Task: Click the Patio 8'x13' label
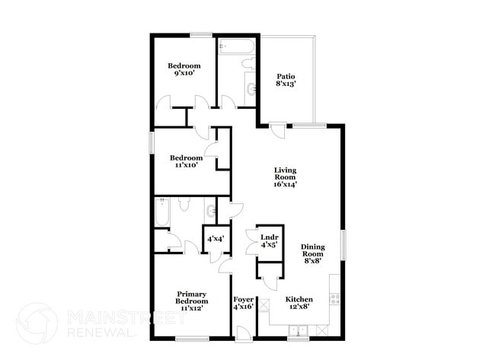285,80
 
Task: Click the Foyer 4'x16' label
243,303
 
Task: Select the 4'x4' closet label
215,239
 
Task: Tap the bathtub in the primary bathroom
161,214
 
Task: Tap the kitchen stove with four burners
334,297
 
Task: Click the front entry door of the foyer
241,333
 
